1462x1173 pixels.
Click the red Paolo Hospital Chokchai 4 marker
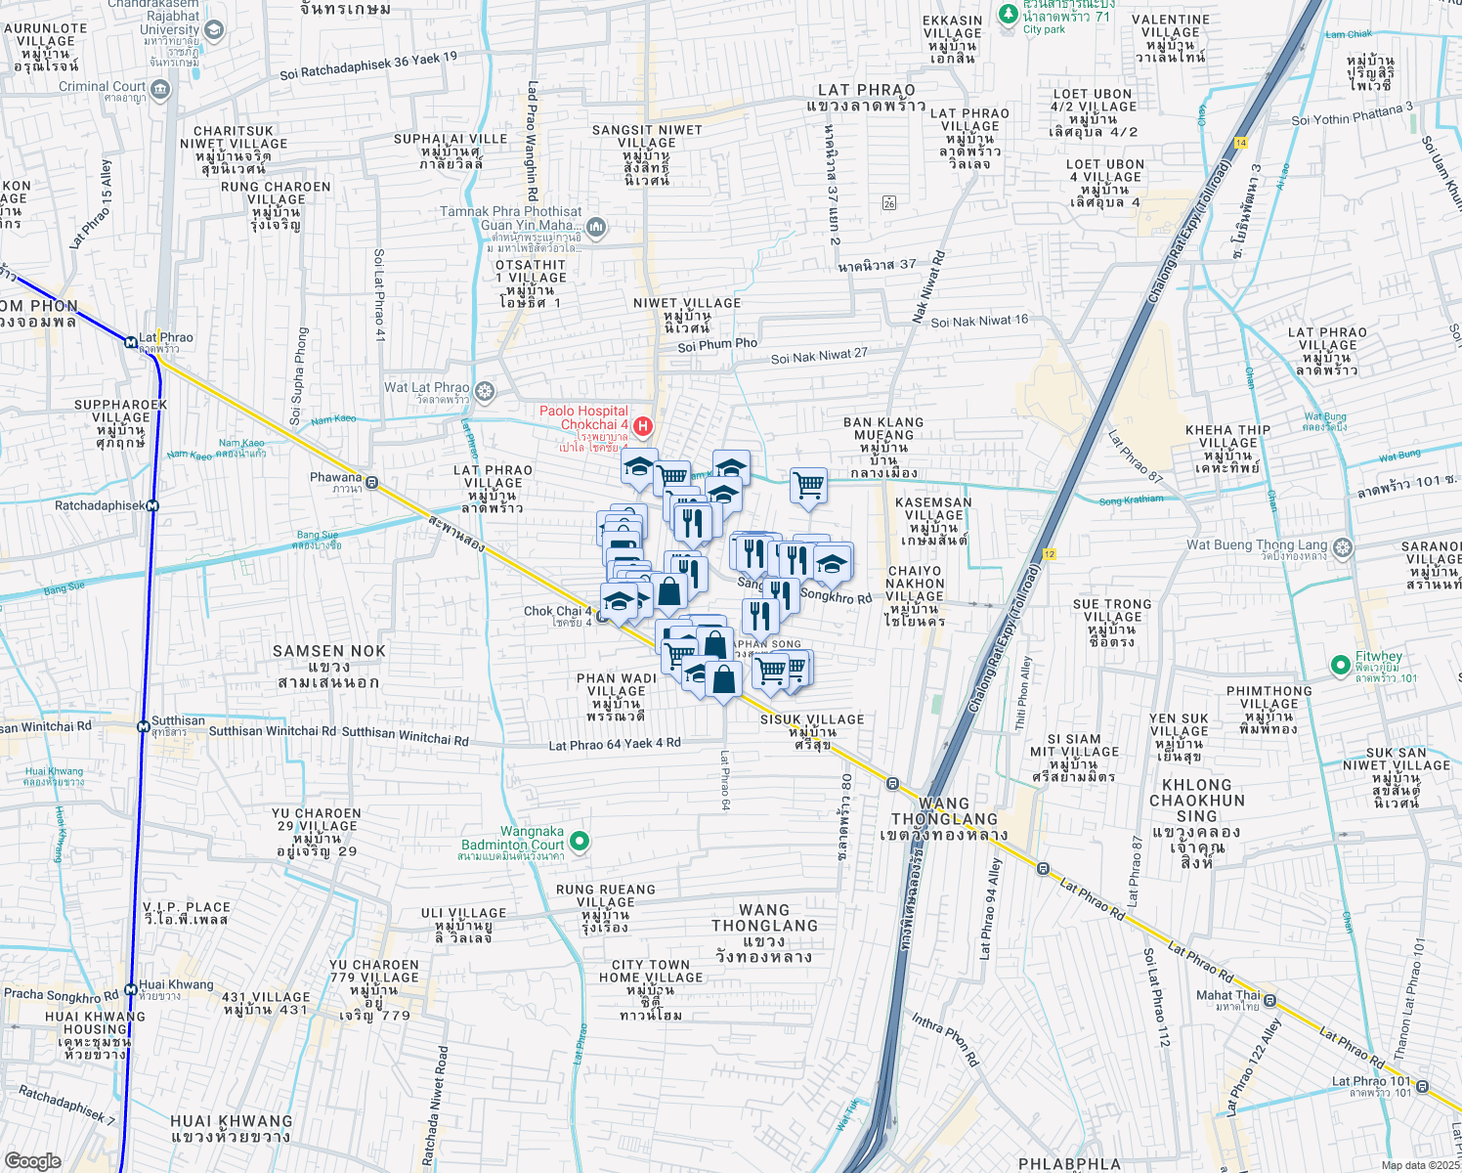click(643, 425)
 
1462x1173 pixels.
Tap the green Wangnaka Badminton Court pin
click(580, 841)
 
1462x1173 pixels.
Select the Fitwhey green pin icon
click(1341, 665)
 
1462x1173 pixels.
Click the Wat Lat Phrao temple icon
click(485, 392)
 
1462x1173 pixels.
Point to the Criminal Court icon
click(161, 91)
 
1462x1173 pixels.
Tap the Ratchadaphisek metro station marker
click(152, 506)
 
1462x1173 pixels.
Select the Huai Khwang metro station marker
click(131, 989)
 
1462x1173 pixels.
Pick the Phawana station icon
click(371, 483)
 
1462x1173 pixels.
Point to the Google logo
click(33, 1161)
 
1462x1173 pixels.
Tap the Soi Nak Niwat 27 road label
click(819, 356)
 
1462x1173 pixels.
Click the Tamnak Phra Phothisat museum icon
click(596, 228)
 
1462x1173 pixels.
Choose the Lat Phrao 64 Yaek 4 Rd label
click(615, 745)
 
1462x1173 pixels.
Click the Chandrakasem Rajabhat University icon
click(214, 30)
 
